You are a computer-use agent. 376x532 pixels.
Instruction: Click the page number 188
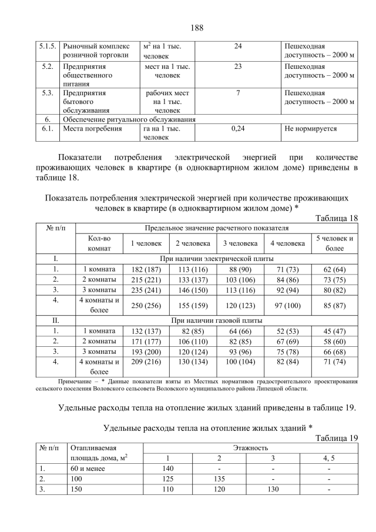pyautogui.click(x=197, y=28)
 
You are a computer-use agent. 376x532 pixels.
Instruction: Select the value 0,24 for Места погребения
pyautogui.click(x=238, y=128)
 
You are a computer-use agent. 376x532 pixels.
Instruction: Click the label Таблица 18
pyautogui.click(x=336, y=218)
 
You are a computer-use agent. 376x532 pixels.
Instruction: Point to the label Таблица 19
pyautogui.click(x=336, y=438)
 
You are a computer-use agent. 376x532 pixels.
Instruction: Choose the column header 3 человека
pyautogui.click(x=240, y=243)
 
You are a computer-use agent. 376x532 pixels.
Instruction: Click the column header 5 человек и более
pyautogui.click(x=335, y=243)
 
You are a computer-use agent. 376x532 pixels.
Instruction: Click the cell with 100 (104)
pyautogui.click(x=240, y=362)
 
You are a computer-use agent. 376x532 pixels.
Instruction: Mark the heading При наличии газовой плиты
pyautogui.click(x=216, y=320)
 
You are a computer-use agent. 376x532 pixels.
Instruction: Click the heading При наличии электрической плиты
pyautogui.click(x=216, y=258)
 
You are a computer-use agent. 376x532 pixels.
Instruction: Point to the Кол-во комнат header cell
pyautogui.click(x=99, y=243)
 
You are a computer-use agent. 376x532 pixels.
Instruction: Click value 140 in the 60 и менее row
pyautogui.click(x=169, y=469)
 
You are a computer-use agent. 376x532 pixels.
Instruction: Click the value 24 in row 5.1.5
pyautogui.click(x=238, y=46)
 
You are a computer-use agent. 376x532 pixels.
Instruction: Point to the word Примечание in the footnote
pyautogui.click(x=78, y=382)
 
